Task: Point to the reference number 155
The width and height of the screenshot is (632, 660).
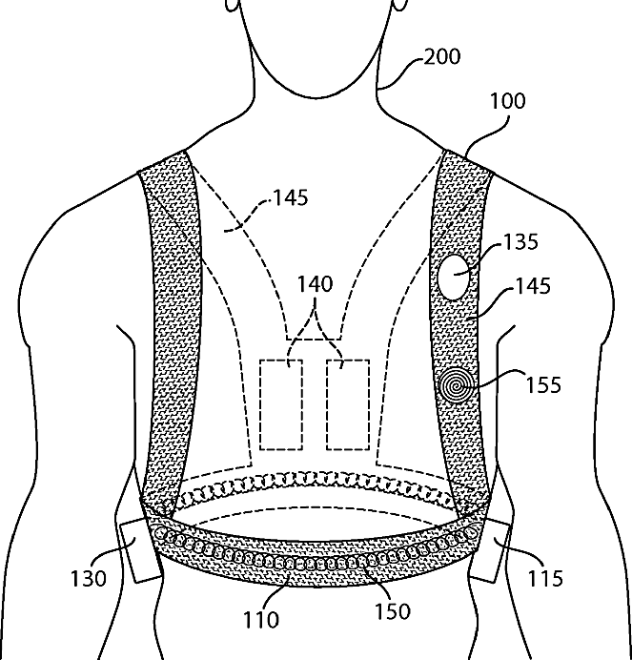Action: click(542, 385)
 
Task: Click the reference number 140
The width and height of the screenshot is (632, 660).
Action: click(315, 284)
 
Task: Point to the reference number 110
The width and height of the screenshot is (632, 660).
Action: click(260, 620)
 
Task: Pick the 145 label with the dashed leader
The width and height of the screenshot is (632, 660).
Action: click(289, 198)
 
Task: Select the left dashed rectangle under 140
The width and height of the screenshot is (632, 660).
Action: click(281, 404)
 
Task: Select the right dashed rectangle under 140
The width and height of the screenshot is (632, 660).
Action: click(347, 404)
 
